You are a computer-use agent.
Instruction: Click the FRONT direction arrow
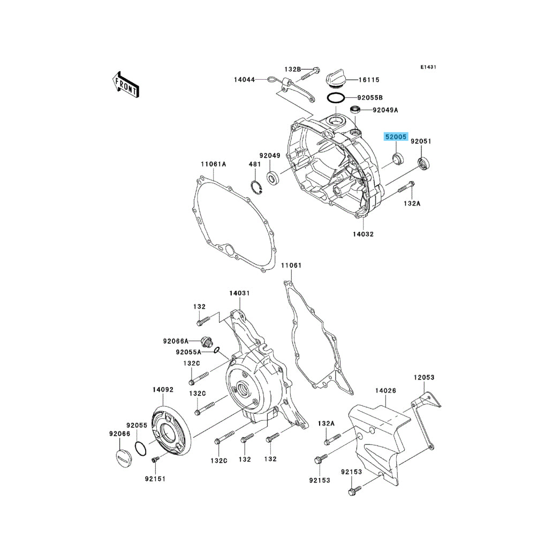(x=125, y=85)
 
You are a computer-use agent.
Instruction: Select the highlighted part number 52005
(x=396, y=137)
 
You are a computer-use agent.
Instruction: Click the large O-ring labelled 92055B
(x=336, y=97)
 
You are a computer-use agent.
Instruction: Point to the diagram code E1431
(x=428, y=67)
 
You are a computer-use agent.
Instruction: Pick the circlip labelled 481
(x=256, y=188)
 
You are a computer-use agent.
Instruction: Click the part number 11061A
(x=213, y=164)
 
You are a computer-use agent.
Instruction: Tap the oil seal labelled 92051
(x=424, y=164)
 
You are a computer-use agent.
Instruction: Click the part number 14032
(x=363, y=234)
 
